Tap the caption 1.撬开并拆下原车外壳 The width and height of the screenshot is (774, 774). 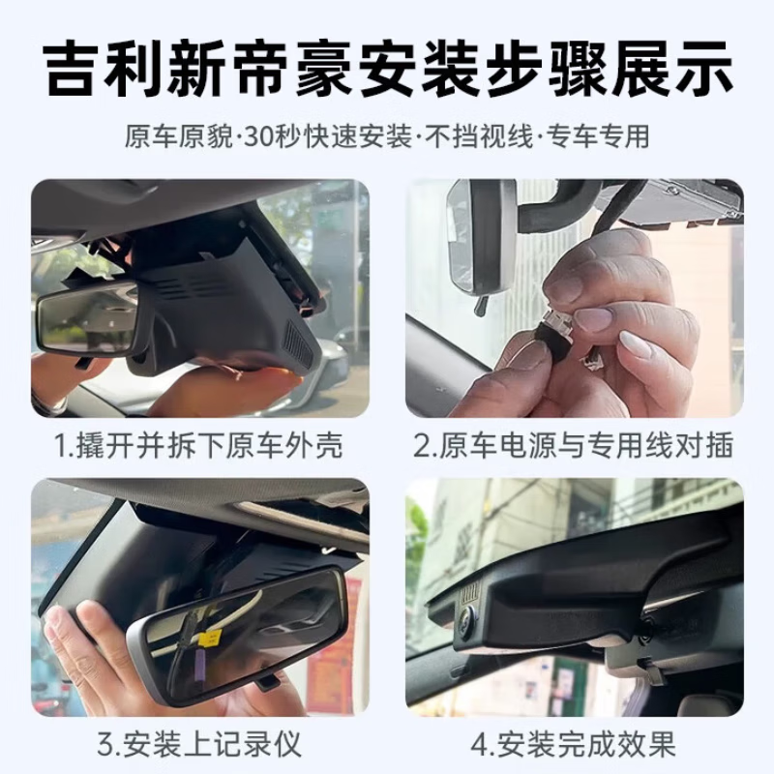[x=199, y=446]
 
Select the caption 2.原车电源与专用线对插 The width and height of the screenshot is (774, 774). [x=574, y=446]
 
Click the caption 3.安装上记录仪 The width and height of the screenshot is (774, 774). [x=199, y=745]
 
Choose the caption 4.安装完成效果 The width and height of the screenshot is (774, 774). [x=574, y=745]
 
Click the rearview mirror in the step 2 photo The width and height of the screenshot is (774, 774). [x=474, y=237]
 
